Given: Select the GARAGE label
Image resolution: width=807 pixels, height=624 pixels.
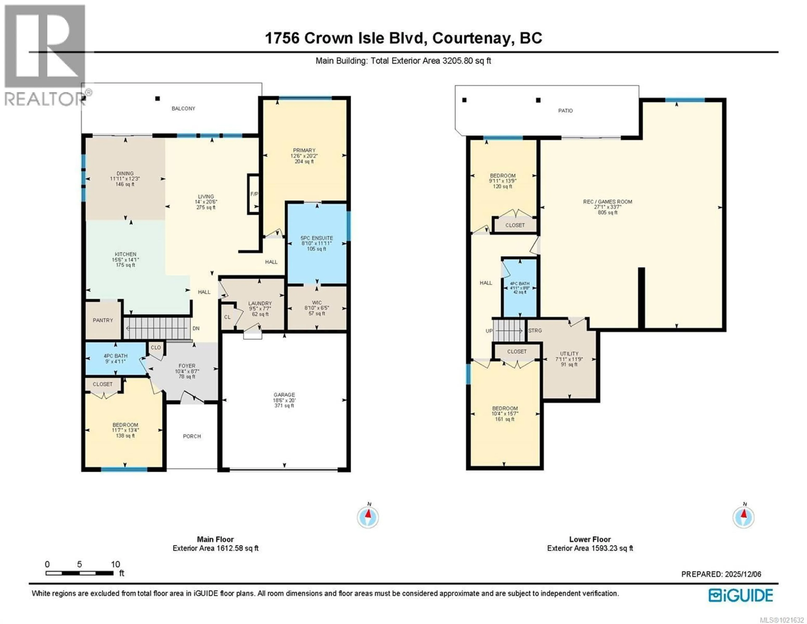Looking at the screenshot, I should (x=284, y=395).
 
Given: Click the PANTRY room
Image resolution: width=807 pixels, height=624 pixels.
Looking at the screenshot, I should (x=103, y=320).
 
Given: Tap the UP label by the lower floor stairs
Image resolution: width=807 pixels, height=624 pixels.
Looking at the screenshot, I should (x=489, y=331).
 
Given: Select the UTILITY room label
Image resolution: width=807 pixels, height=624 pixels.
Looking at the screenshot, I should (x=569, y=354).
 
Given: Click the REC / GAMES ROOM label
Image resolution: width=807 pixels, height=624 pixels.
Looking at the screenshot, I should (x=608, y=202).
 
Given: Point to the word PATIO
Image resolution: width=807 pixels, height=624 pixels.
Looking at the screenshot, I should (x=565, y=111).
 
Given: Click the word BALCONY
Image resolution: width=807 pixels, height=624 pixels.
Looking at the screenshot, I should (x=183, y=108).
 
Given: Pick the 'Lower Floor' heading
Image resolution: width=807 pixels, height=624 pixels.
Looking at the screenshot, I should (x=590, y=539).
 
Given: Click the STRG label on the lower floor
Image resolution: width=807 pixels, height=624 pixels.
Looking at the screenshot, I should (x=535, y=331).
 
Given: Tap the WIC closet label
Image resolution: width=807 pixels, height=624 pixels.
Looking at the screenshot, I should (x=317, y=303).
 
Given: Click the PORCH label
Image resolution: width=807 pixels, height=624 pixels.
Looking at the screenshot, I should (x=192, y=436).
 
